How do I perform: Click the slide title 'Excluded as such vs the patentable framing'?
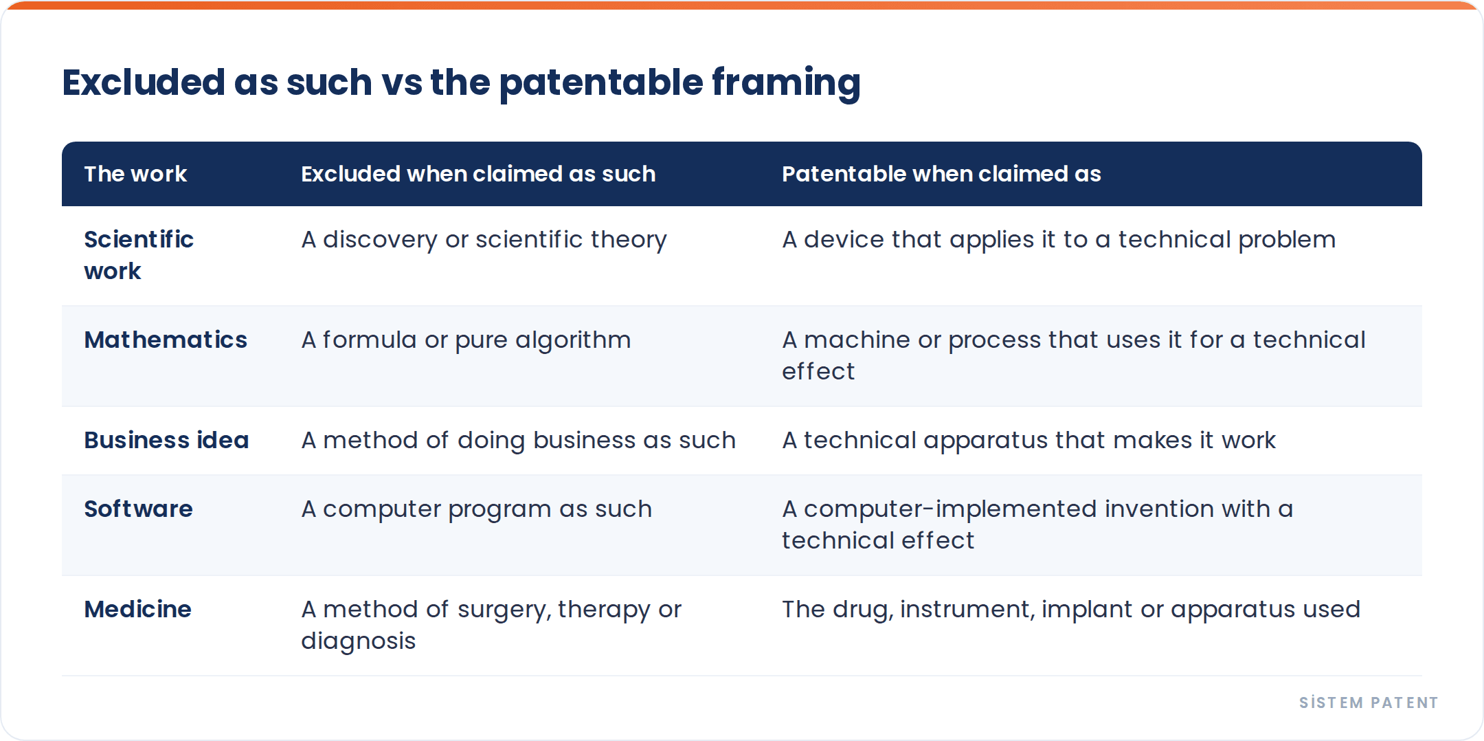pos(461,82)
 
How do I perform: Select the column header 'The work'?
pos(135,174)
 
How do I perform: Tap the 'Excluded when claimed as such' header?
pos(478,174)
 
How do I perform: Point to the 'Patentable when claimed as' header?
pos(941,174)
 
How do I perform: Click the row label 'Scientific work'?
pos(139,255)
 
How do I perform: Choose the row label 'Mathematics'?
pos(166,340)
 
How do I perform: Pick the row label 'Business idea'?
pos(166,440)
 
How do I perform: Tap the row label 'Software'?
pos(138,509)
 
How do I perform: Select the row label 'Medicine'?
pos(137,609)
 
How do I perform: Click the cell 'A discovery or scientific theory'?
pos(484,240)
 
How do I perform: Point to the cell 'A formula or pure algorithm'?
pos(466,340)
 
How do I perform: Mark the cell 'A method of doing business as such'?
pos(518,441)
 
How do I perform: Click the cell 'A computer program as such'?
pos(476,509)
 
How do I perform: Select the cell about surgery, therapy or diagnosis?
pos(491,625)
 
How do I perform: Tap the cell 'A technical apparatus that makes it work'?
pos(1028,441)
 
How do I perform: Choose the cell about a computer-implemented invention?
pos(1037,524)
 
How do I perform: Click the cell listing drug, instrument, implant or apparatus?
pos(1071,610)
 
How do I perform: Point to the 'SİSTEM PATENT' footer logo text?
pos(1369,703)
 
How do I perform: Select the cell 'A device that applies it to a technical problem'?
pos(1059,240)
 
